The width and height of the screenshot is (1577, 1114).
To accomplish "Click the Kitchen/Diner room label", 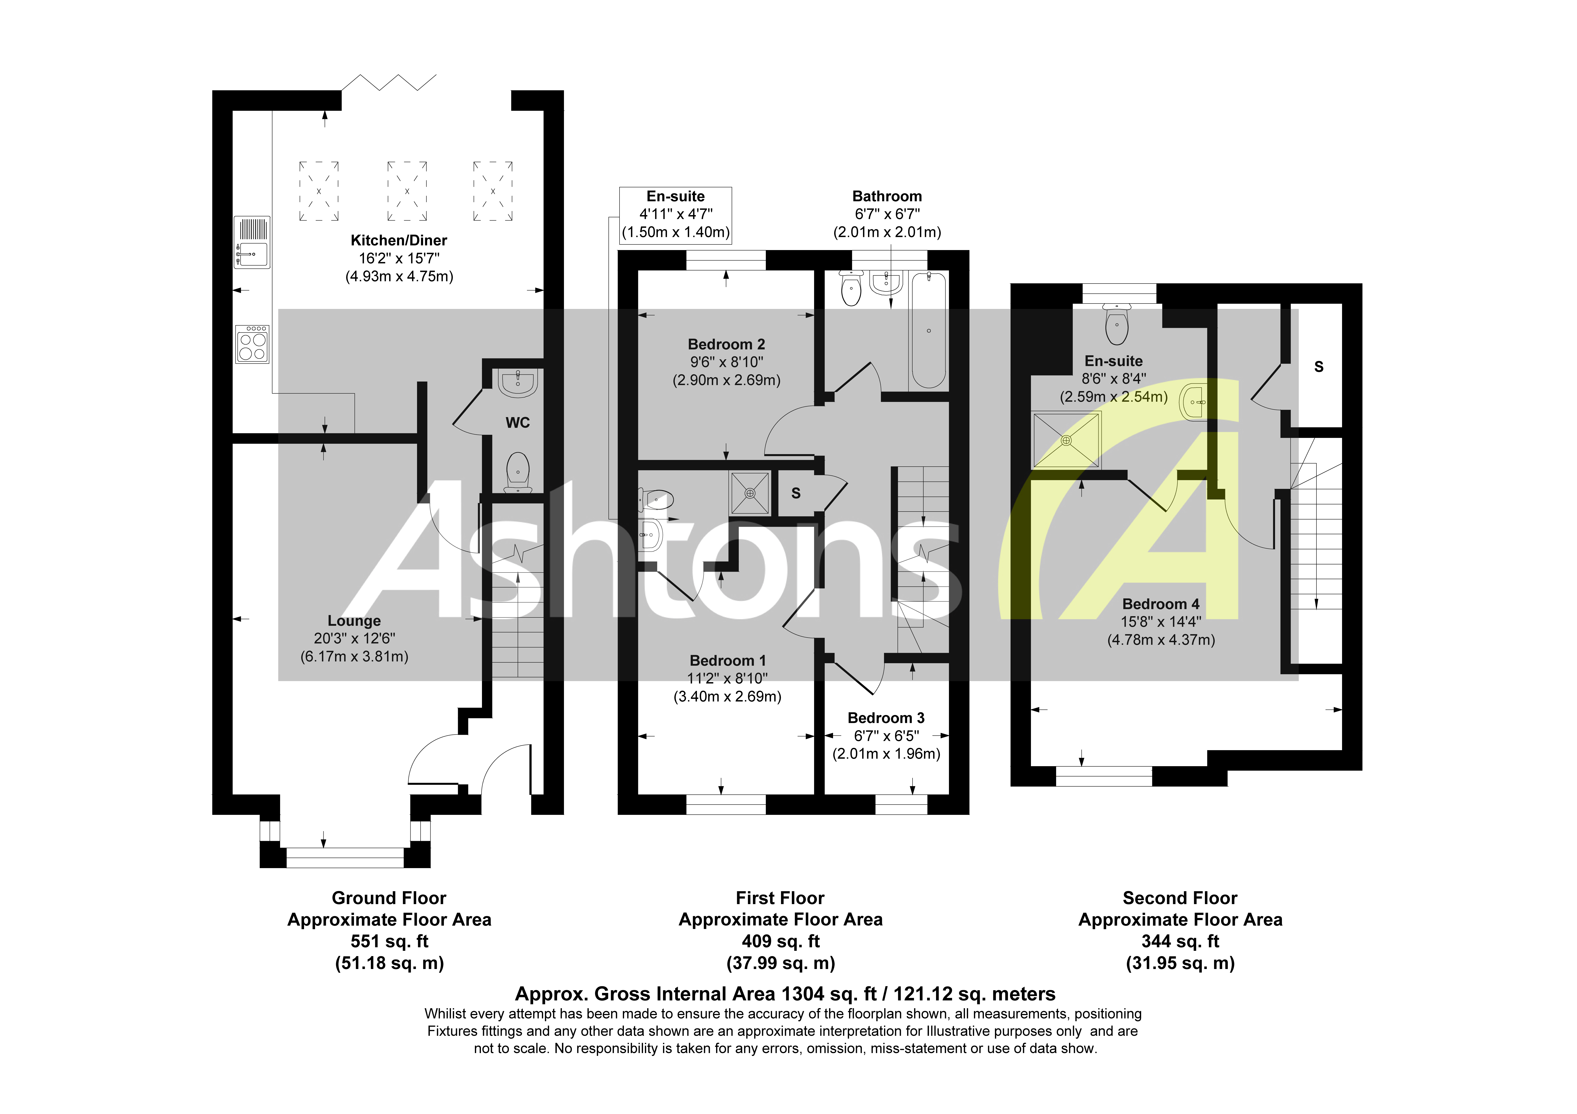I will point(398,240).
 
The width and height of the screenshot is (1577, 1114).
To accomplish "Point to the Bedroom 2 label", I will point(726,344).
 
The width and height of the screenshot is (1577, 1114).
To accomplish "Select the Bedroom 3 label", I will point(886,718).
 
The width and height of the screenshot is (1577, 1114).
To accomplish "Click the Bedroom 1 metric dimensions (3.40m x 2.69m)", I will point(727,696).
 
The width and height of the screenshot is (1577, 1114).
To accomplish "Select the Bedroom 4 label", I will point(1161,604).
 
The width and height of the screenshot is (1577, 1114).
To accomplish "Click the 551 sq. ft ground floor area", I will point(389,941).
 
